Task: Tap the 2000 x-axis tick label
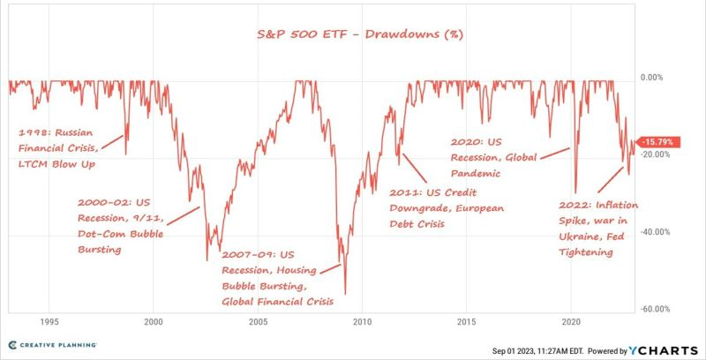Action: point(153,323)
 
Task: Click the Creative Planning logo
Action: point(53,344)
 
